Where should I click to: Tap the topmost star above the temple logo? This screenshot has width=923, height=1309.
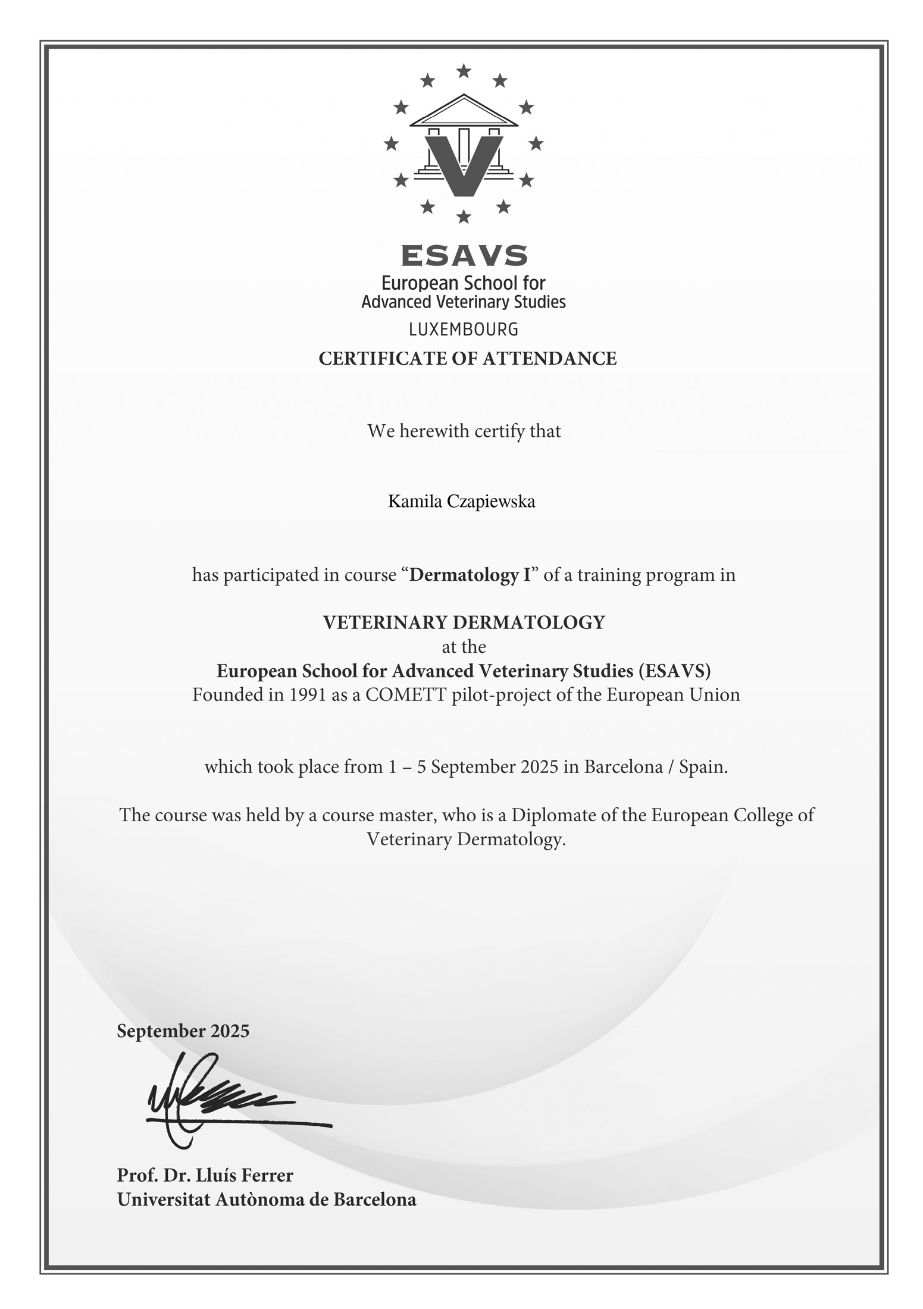[x=464, y=72]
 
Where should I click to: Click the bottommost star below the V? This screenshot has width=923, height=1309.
[x=464, y=217]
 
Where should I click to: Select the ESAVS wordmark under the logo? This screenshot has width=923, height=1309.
[x=464, y=256]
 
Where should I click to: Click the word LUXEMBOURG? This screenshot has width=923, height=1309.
[x=464, y=329]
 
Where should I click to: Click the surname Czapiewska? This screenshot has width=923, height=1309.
[x=491, y=502]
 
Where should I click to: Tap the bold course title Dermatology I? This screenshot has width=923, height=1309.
[x=470, y=575]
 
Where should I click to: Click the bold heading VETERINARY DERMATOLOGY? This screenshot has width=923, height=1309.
[x=464, y=622]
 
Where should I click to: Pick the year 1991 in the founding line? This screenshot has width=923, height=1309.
[x=308, y=695]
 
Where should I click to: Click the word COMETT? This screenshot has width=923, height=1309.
[x=406, y=695]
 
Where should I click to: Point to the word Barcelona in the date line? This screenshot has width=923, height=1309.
[x=623, y=767]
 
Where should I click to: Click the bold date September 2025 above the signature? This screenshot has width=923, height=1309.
[x=183, y=1031]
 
